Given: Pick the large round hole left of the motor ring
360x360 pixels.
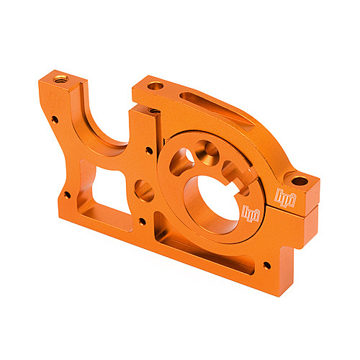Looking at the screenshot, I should click(144, 190).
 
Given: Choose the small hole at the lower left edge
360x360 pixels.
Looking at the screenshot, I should click(66, 194).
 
